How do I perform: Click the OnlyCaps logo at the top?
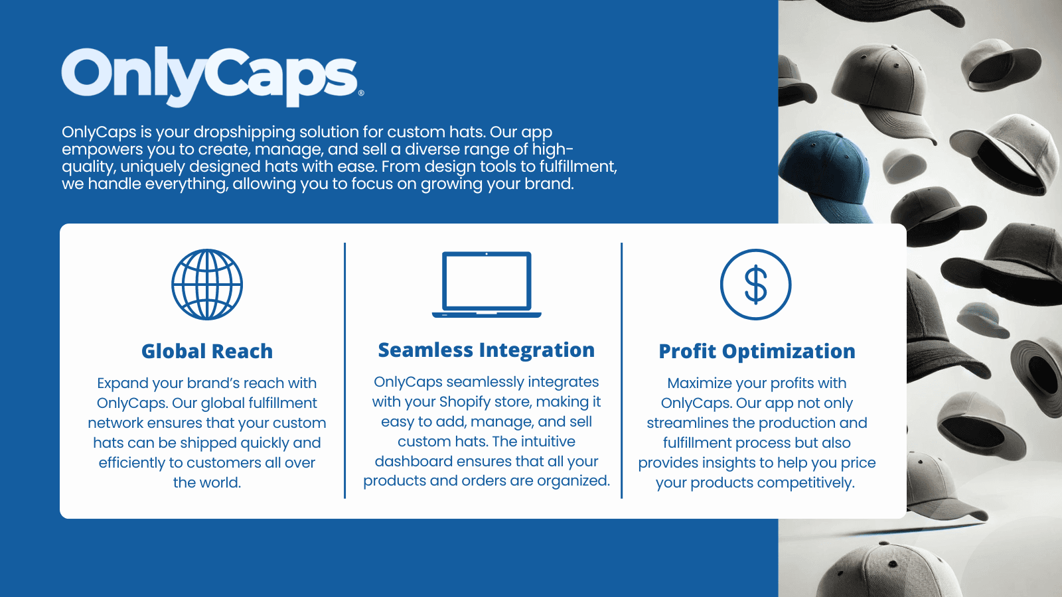pos(210,77)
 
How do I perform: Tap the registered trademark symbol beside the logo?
pos(361,93)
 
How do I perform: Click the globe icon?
pos(207,285)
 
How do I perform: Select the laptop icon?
pos(487,285)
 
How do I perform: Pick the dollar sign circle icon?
pos(756,285)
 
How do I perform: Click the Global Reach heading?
pos(207,351)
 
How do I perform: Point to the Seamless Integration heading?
pos(487,350)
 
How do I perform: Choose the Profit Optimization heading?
pos(757,351)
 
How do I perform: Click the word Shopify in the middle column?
pos(465,402)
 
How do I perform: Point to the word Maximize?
pos(696,383)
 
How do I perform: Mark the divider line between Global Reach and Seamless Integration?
pos(344,371)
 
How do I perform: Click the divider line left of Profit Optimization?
pos(621,371)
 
